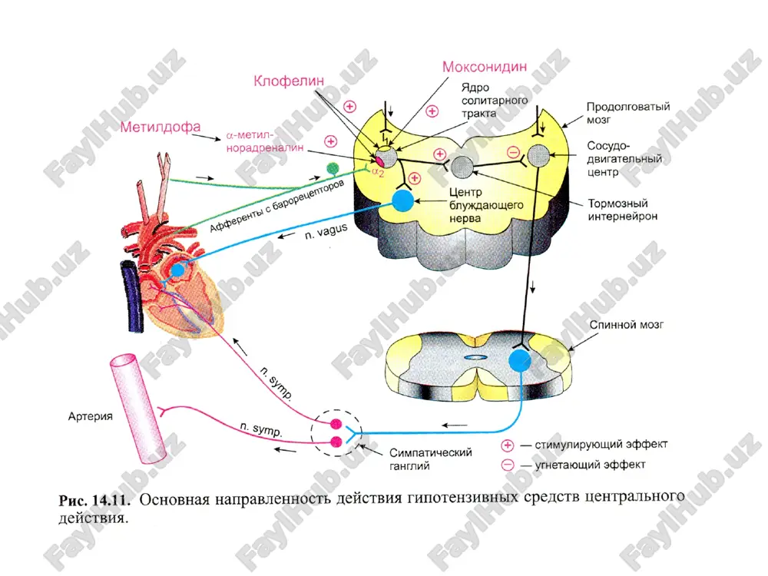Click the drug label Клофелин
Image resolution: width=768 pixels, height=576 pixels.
pos(289,81)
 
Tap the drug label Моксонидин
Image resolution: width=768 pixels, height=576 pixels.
pos(485,67)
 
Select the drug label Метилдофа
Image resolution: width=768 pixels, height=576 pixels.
pos(161,127)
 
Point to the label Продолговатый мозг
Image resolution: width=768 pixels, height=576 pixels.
pos(628,113)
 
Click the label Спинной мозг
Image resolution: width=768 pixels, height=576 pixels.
pos(627,325)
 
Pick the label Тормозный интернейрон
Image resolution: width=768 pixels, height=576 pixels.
pos(623,210)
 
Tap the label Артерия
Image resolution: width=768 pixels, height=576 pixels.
pos(90,416)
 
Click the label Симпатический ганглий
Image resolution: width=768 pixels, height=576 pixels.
pos(431,459)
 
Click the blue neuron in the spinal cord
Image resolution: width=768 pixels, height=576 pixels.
pos(520,360)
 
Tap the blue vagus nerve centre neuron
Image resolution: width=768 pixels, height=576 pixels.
pos(402,200)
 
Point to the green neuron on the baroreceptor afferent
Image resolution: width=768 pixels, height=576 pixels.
pos(333,168)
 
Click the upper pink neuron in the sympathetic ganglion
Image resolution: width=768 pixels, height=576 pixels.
pos(336,424)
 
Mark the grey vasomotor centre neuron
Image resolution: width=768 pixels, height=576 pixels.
pos(539,156)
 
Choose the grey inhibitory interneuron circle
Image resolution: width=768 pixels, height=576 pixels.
pos(462,167)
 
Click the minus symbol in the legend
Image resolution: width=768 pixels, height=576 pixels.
pos(508,465)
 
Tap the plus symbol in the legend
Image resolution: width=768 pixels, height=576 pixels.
pos(508,445)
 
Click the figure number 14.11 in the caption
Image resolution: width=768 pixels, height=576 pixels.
pos(111,501)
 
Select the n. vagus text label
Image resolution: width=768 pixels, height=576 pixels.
pos(326,232)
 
